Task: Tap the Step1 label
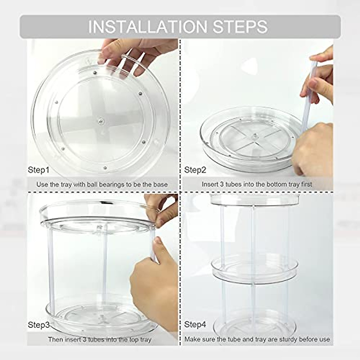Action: click(x=38, y=170)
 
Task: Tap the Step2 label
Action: click(x=195, y=170)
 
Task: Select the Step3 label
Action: click(x=39, y=325)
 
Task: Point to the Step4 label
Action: click(x=195, y=325)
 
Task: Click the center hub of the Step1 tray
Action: click(x=100, y=121)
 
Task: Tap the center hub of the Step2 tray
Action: click(x=255, y=136)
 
